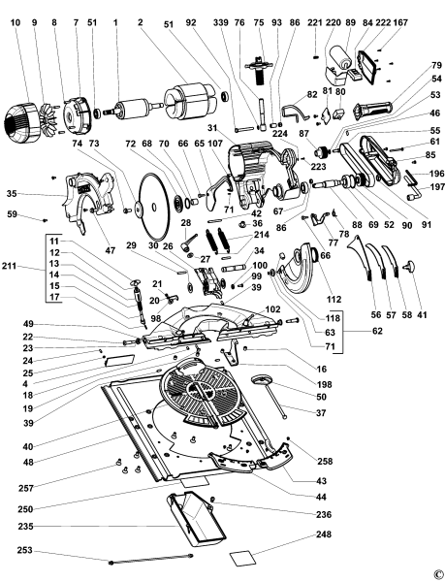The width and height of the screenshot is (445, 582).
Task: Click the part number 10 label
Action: tap(16, 21)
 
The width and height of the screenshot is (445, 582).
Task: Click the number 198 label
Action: tap(323, 383)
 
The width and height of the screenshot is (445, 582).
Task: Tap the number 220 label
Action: tap(333, 21)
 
